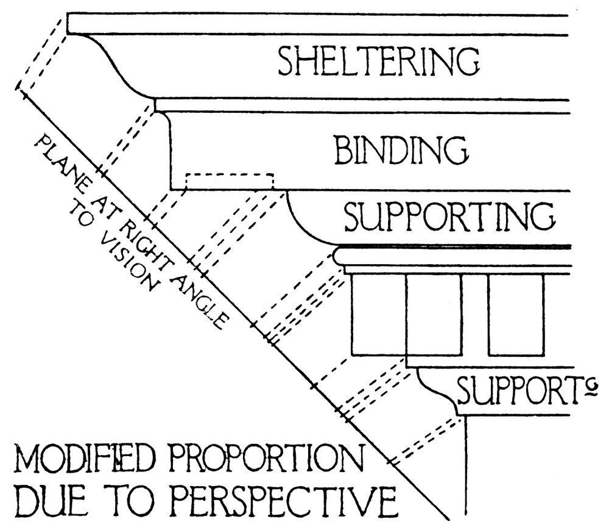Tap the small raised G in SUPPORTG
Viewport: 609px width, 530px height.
click(590, 385)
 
